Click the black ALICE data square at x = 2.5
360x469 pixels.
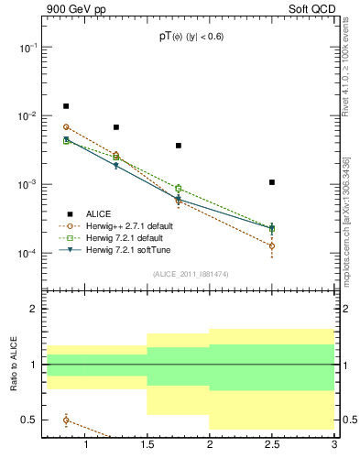[x=272, y=182]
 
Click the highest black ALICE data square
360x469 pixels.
[x=66, y=106]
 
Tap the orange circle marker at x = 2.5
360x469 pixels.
[x=272, y=245]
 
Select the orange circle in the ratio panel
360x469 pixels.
[x=66, y=420]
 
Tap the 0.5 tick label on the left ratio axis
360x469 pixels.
[x=28, y=420]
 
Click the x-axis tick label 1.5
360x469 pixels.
[x=147, y=446]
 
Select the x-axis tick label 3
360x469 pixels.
[x=334, y=446]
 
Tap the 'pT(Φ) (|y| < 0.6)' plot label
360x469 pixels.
[x=190, y=37]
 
